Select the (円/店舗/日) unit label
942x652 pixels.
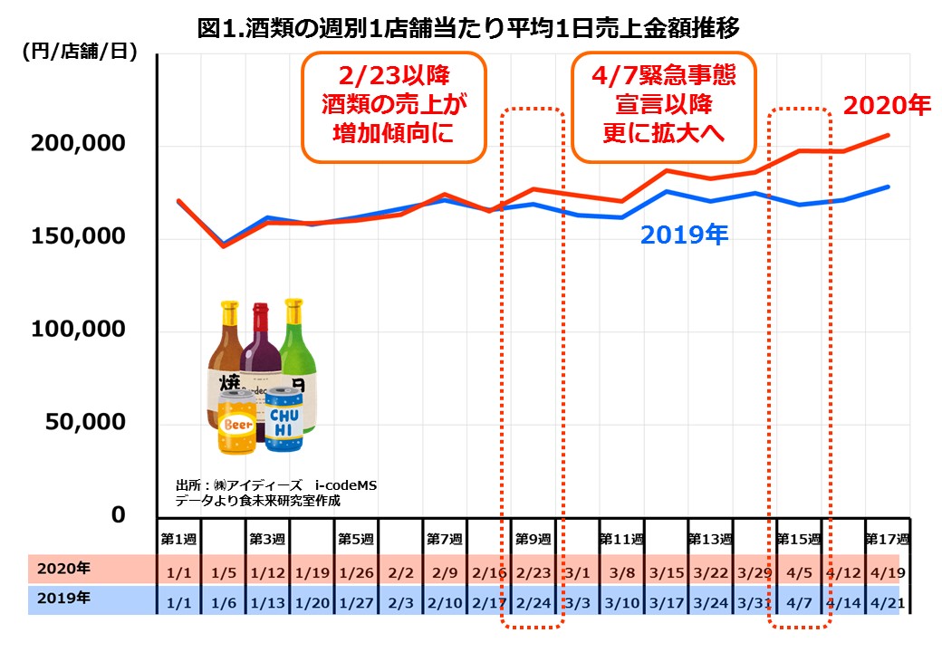click(80, 52)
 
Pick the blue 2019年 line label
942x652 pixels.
click(684, 236)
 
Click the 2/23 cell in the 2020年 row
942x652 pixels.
click(533, 571)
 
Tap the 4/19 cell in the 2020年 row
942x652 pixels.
click(887, 571)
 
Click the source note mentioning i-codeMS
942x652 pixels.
click(275, 493)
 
